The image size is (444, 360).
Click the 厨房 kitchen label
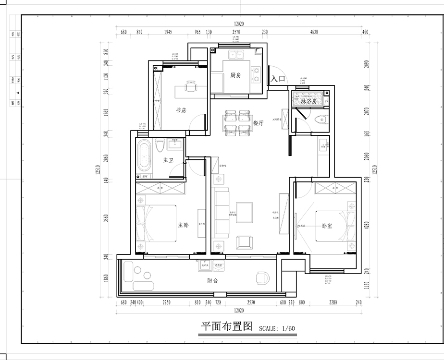[235, 75]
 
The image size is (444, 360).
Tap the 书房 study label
[181, 110]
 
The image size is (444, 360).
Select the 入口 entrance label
[278, 79]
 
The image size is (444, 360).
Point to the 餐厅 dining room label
[259, 123]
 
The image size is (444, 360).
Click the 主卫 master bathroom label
[168, 160]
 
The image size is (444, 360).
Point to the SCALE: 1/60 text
[277, 329]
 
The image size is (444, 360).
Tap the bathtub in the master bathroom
[144, 156]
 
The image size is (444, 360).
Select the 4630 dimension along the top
[314, 32]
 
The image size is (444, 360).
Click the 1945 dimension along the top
[168, 32]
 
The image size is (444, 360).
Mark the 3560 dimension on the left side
[106, 219]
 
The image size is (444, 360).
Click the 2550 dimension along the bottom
[251, 302]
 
